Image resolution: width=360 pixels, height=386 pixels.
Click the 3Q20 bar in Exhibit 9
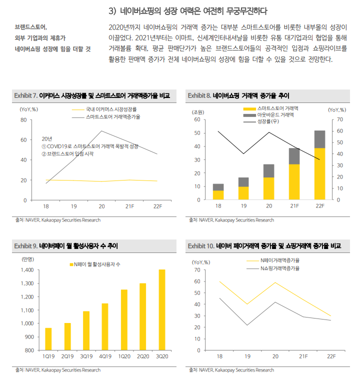pos(161,310)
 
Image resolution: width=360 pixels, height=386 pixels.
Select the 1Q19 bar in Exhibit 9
pos(48,339)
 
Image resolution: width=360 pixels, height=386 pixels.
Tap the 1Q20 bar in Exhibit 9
pos(123,320)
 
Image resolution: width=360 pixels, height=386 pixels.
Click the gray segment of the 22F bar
pos(319,139)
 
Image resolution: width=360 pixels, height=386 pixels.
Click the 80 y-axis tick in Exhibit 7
pos(23,120)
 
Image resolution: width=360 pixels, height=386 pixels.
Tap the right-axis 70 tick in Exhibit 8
pos(340,119)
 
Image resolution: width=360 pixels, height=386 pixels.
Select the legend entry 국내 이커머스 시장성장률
pos(111,108)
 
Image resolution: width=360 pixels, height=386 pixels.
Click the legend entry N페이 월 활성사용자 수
pos(95,264)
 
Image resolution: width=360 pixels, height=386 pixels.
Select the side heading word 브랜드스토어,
pos(34,27)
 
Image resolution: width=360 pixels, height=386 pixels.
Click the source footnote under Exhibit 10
pos(231,370)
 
